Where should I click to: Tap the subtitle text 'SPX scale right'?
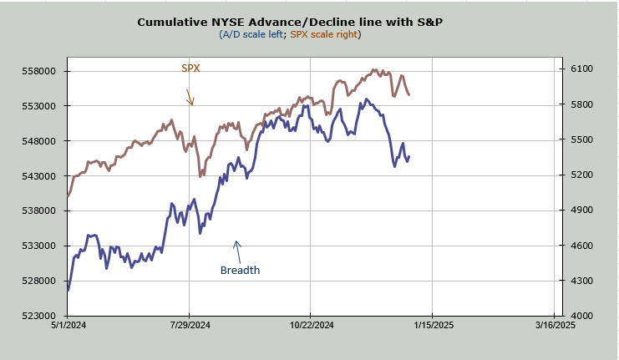pyautogui.click(x=325, y=34)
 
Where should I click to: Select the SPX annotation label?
pyautogui.click(x=190, y=68)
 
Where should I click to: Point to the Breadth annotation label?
pyautogui.click(x=240, y=270)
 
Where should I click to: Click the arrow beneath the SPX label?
pyautogui.click(x=190, y=95)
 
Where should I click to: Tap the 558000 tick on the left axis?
pyautogui.click(x=39, y=71)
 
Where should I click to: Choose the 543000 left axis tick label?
pyautogui.click(x=39, y=176)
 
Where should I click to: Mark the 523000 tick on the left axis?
pyautogui.click(x=39, y=316)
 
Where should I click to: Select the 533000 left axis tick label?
pyautogui.click(x=39, y=246)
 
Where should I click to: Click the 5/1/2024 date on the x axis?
pyautogui.click(x=68, y=325)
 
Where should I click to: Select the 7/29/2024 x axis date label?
pyautogui.click(x=190, y=325)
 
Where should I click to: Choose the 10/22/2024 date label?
pyautogui.click(x=310, y=325)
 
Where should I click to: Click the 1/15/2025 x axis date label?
pyautogui.click(x=432, y=325)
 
